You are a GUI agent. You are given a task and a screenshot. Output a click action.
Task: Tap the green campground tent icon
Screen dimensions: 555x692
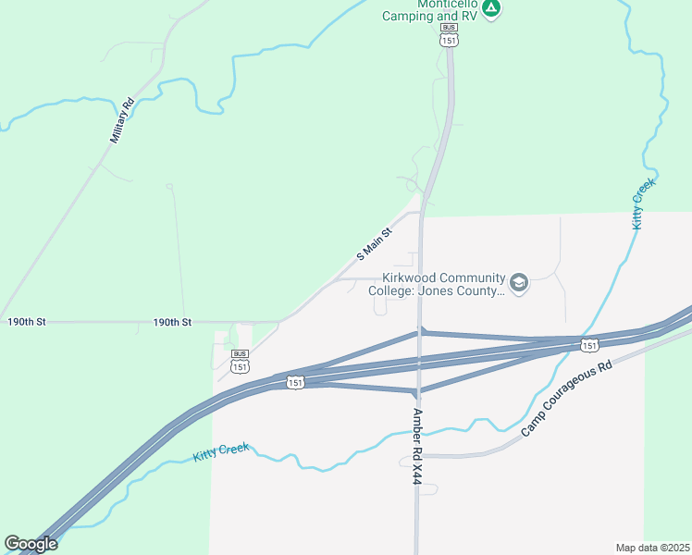click(x=492, y=9)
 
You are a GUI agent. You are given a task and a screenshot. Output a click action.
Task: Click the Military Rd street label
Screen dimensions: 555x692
click(x=122, y=120)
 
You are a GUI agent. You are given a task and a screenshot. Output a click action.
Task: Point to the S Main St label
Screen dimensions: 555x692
click(x=376, y=244)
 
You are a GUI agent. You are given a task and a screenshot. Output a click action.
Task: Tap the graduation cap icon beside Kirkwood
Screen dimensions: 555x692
click(x=519, y=283)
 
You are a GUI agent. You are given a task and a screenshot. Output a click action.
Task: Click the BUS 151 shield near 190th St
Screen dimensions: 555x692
click(x=240, y=362)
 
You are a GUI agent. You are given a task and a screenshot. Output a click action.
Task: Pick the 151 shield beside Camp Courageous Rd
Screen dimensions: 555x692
click(x=589, y=345)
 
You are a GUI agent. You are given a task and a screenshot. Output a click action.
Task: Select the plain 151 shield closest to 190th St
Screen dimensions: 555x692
click(x=294, y=382)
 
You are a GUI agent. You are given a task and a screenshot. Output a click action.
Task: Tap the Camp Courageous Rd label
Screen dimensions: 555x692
click(x=567, y=399)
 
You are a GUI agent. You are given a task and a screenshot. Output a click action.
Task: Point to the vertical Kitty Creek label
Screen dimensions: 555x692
click(x=642, y=203)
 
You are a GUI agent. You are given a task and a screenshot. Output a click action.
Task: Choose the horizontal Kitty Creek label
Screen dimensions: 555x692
click(x=222, y=453)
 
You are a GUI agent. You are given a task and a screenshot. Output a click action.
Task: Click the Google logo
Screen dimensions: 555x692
click(x=31, y=544)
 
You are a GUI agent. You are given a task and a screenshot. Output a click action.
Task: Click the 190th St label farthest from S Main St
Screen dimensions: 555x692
click(x=26, y=322)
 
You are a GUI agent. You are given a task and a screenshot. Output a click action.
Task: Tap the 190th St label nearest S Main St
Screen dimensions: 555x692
click(x=172, y=322)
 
